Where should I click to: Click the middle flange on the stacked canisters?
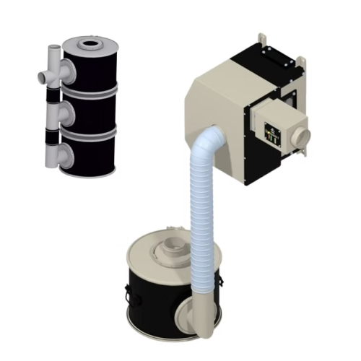pyautogui.click(x=66, y=113)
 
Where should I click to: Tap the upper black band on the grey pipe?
pyautogui.click(x=53, y=95)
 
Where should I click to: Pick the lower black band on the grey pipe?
pyautogui.click(x=53, y=134)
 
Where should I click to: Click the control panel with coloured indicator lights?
pyautogui.click(x=272, y=132)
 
